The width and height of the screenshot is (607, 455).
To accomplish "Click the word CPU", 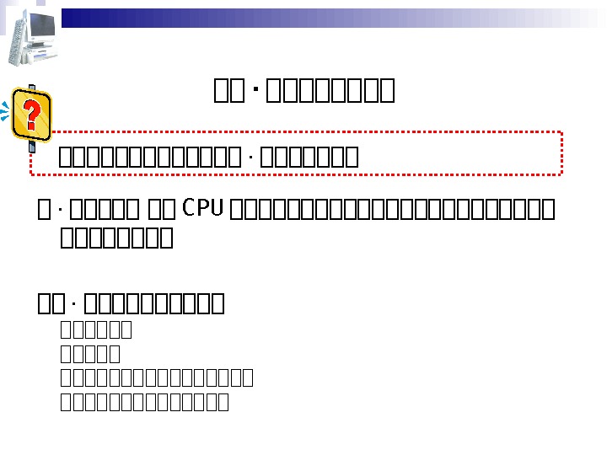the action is tap(203, 207).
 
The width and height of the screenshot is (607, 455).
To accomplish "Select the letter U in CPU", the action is tap(216, 207).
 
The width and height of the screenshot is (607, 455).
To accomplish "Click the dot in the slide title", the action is tap(255, 89).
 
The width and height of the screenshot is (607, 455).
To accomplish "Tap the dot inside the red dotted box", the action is tap(251, 158).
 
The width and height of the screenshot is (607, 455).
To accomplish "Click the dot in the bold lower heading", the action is tap(75, 302).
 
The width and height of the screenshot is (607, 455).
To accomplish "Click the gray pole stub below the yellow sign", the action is tap(32, 148).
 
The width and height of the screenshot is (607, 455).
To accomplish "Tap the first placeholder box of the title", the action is tap(223, 89).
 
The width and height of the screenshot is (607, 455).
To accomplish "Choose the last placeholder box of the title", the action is tap(387, 89).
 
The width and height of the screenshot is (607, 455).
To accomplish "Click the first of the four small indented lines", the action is tap(97, 329).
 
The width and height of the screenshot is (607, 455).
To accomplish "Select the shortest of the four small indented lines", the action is tap(91, 354).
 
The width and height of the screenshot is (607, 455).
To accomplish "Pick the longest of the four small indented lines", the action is tap(158, 377).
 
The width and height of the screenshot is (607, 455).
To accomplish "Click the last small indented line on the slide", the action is tap(145, 402).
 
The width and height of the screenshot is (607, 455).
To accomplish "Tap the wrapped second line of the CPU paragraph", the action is tap(117, 238).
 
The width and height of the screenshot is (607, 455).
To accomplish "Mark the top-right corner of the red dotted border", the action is tap(560, 132).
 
